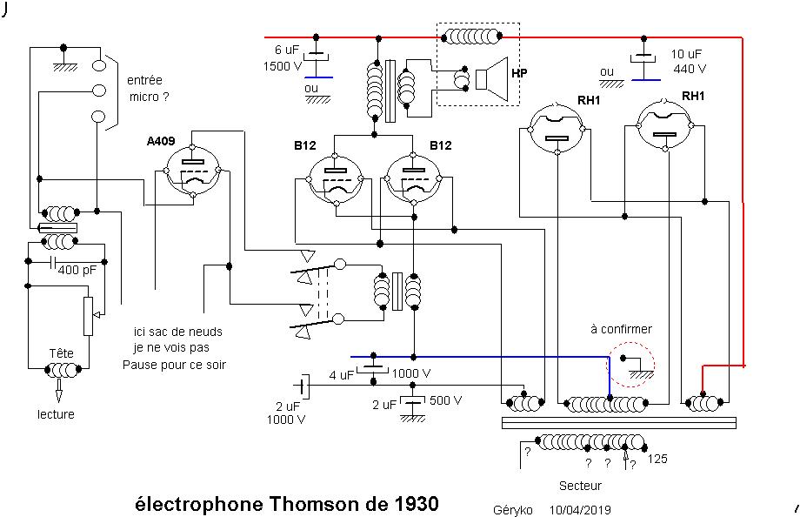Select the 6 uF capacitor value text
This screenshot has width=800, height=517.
coord(286,49)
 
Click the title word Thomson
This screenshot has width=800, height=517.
coord(335,504)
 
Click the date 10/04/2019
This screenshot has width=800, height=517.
coord(580,509)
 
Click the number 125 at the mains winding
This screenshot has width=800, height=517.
coord(657,459)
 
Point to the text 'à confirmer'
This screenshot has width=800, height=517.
coord(621,329)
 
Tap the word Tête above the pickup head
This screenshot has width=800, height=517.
coord(61,353)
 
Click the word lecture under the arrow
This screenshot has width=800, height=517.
coord(56,414)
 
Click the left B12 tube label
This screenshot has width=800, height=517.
coord(304,145)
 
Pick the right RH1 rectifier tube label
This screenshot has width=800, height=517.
coord(693,95)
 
